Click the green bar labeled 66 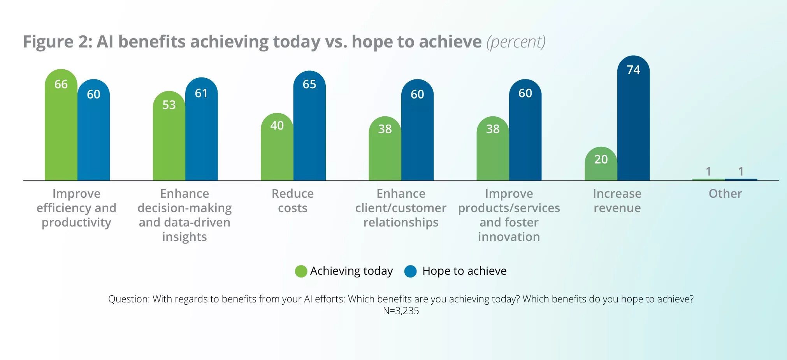61,128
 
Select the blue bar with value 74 633,121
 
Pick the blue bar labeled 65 309,128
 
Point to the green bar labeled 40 277,150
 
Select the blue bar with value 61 201,132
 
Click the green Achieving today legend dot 301,271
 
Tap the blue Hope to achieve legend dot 411,271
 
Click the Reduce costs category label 293,201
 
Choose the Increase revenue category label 617,201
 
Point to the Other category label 725,194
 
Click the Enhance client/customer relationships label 401,208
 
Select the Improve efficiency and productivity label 76,208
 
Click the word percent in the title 516,42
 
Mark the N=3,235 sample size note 401,311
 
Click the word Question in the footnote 128,299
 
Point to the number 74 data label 633,70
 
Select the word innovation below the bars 509,237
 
